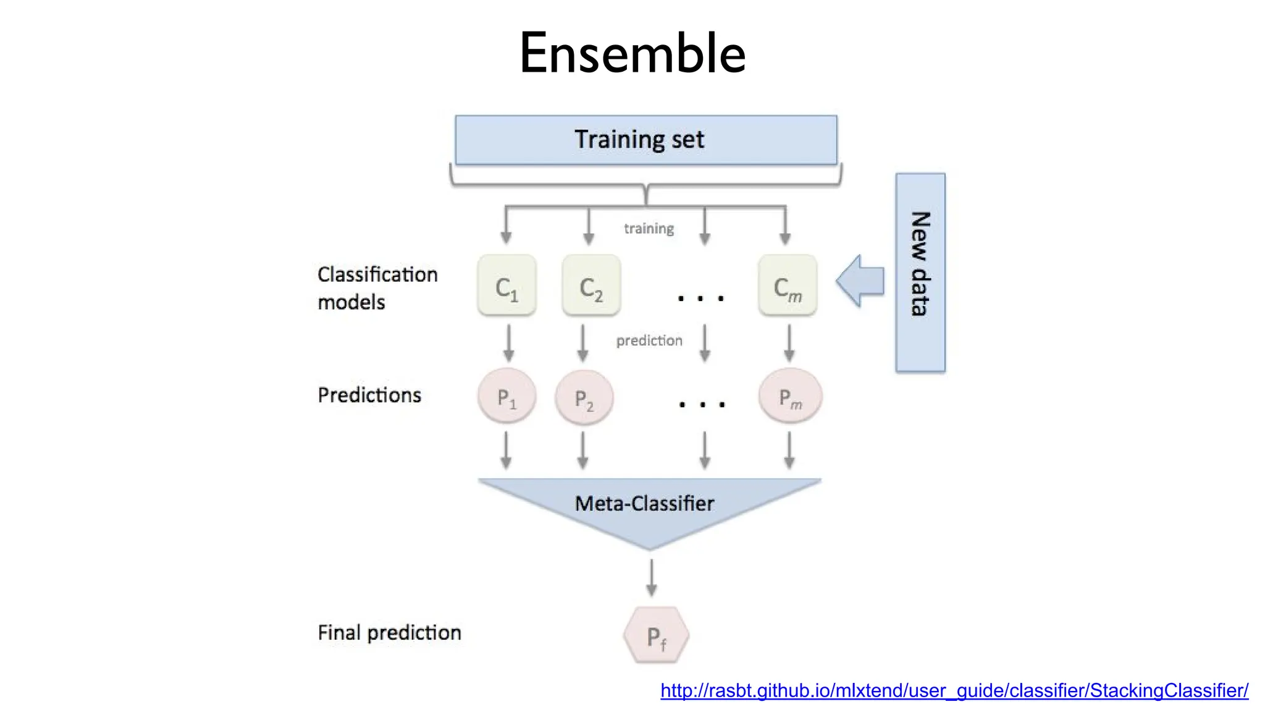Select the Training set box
point(645,140)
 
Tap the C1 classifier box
point(506,286)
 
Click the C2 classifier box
point(591,286)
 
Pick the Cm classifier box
point(788,286)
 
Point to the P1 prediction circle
point(506,396)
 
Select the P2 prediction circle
point(584,397)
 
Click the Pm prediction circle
point(790,396)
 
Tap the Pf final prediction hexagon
point(656,635)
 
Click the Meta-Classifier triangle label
point(644,504)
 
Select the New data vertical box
point(920,273)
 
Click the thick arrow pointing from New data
point(860,281)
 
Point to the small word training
point(649,229)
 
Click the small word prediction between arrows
point(649,341)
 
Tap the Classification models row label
point(377,288)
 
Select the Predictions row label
point(369,395)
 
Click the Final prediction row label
point(389,632)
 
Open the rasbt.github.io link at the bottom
point(954,690)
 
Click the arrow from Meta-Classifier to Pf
point(651,578)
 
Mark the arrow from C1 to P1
point(508,343)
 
